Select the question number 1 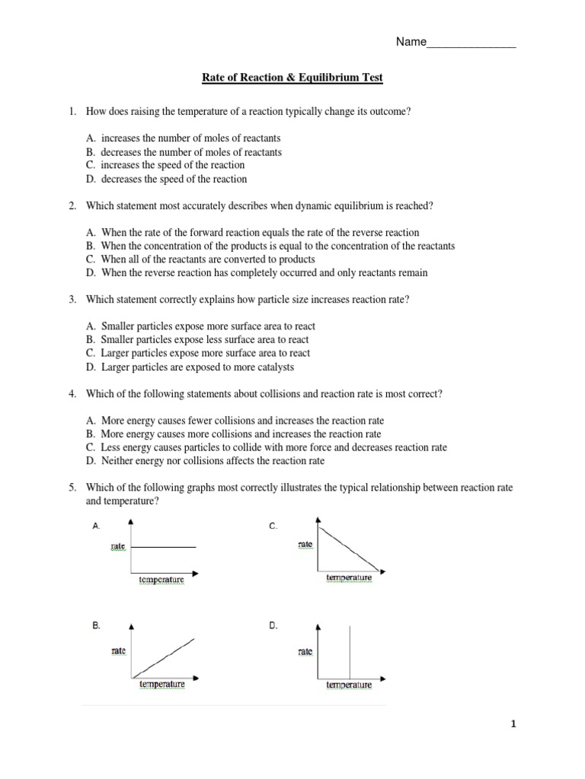pos(72,112)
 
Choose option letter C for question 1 pos(91,165)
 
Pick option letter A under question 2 pos(91,233)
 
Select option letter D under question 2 pos(91,272)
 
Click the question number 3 pos(72,300)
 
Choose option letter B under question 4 pos(91,434)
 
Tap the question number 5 pos(72,488)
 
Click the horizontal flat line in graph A pos(164,547)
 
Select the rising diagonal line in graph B pos(164,658)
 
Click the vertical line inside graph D pos(350,650)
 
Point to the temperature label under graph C pos(349,578)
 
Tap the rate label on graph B pos(118,652)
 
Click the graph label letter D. pos(273,625)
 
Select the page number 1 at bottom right pos(513,725)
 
